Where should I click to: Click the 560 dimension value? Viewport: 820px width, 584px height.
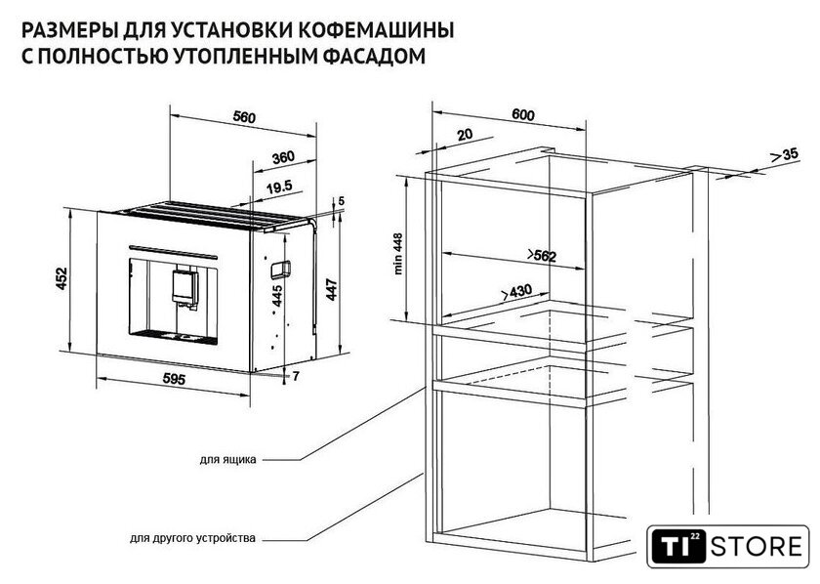244,117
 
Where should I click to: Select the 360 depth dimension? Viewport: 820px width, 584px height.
283,157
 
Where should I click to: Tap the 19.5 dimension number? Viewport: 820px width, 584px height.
279,188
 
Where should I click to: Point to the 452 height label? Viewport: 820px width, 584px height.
62,278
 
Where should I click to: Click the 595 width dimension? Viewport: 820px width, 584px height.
174,379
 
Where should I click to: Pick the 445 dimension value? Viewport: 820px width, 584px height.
276,296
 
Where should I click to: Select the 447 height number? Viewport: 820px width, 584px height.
332,290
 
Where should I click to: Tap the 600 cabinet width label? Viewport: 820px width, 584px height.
523,114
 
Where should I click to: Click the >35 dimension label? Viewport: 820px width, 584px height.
785,154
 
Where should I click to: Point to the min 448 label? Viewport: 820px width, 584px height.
399,254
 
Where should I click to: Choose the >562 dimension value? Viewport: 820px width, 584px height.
541,256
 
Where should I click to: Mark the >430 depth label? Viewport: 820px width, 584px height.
516,292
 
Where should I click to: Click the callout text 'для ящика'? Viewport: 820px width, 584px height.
228,460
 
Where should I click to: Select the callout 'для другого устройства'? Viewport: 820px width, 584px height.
193,538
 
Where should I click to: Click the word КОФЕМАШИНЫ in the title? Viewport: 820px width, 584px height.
382,30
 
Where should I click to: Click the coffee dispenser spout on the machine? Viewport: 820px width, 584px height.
185,287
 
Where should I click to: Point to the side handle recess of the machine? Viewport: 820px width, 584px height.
280,268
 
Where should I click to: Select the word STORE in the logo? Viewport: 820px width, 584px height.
757,547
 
